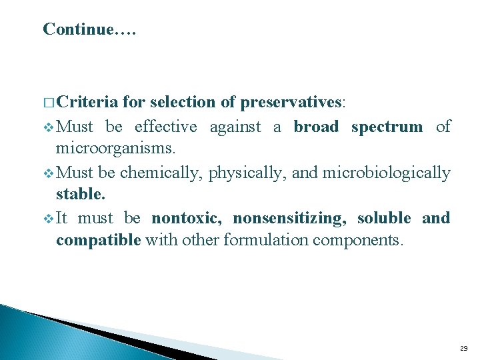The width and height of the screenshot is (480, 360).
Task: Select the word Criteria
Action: click(x=87, y=103)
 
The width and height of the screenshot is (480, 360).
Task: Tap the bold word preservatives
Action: click(x=291, y=103)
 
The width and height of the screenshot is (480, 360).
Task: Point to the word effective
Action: click(x=166, y=127)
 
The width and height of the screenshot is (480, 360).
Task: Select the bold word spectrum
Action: click(x=387, y=127)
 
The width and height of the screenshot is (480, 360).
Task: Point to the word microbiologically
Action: click(x=386, y=173)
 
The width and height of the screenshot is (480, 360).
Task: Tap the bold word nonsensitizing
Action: click(x=289, y=219)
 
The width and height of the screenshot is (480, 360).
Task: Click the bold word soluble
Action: click(x=385, y=219)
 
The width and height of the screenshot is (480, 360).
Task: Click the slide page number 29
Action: click(x=463, y=348)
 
